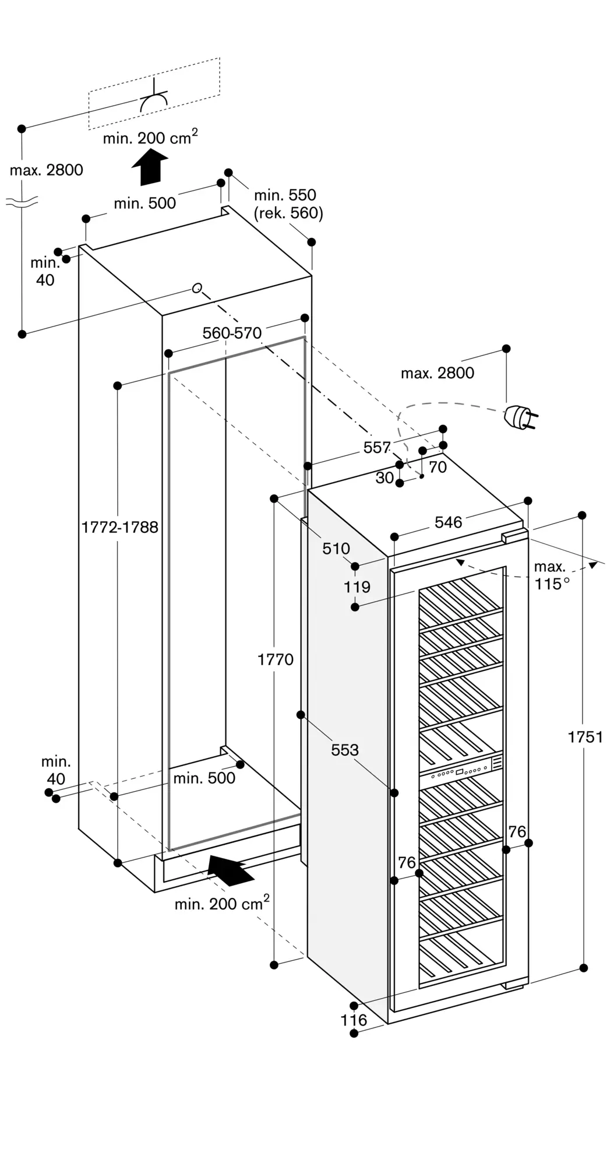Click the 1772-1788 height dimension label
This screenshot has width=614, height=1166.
119,527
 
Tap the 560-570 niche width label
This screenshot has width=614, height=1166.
232,333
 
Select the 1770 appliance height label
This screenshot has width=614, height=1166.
276,659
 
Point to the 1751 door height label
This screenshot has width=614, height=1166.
585,737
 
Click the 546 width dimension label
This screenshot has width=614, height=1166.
449,522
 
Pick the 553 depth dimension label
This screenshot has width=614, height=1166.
345,750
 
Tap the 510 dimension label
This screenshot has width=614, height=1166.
336,548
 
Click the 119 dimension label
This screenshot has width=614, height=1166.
357,586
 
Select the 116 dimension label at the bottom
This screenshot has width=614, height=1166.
354,1020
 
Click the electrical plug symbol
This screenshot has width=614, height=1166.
520,416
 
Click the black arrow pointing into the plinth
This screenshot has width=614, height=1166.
231,870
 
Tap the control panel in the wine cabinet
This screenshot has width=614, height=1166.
460,769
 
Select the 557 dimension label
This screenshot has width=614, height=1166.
377,447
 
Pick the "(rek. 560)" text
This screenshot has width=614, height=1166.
288,213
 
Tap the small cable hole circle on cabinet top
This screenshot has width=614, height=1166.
197,287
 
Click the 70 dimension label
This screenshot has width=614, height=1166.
437,467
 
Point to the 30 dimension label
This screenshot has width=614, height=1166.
384,477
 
